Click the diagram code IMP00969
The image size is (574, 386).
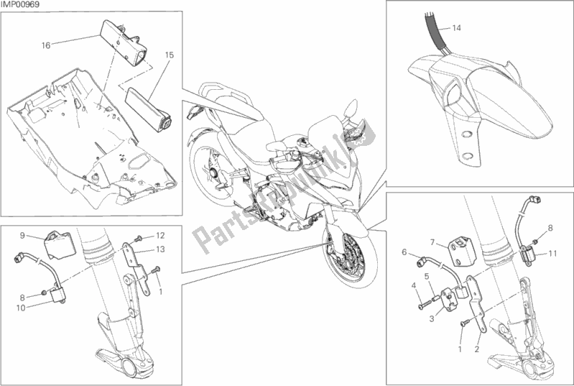[20, 4]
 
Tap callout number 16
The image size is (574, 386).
[46, 45]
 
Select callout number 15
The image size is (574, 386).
[169, 55]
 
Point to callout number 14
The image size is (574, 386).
[456, 28]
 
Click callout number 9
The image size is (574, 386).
[22, 236]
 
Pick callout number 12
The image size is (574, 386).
[160, 236]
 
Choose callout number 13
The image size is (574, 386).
[160, 249]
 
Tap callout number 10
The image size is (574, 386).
[21, 308]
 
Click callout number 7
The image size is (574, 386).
[432, 242]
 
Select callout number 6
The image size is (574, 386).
[404, 252]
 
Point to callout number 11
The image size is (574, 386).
[552, 254]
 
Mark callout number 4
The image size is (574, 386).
[413, 285]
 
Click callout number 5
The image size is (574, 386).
[427, 276]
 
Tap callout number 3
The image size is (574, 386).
[432, 319]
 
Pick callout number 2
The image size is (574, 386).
[476, 349]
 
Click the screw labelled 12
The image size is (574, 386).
[139, 239]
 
